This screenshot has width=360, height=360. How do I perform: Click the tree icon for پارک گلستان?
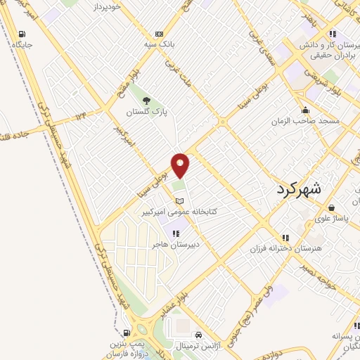(147, 100)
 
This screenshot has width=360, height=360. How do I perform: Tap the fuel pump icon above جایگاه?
(22, 34)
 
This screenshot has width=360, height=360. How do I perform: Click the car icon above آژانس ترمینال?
(200, 335)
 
